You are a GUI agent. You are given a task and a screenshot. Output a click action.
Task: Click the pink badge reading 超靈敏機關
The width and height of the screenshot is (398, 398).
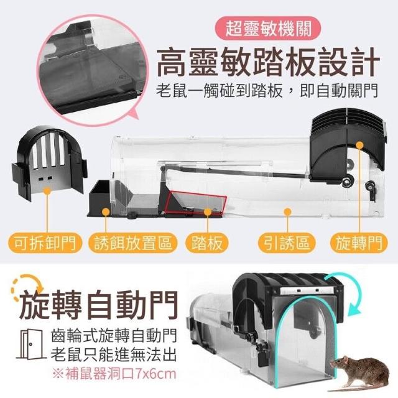(268, 28)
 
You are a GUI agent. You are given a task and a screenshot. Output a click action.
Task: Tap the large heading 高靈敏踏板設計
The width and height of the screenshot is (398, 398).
(268, 62)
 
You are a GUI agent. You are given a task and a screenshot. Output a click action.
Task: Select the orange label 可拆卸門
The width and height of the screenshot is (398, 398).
(45, 243)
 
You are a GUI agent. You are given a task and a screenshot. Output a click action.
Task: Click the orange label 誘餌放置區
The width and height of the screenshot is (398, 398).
(133, 243)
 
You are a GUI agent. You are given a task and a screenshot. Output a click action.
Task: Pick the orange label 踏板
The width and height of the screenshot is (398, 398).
(207, 243)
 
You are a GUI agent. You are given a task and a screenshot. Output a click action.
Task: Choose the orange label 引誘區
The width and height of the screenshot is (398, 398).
(287, 243)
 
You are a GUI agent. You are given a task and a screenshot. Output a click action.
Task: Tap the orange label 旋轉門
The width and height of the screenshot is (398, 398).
(359, 243)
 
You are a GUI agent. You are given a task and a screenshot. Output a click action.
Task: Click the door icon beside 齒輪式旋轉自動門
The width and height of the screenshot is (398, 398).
(31, 344)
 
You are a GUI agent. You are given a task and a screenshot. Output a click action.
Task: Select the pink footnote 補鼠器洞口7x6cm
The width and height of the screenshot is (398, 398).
(114, 374)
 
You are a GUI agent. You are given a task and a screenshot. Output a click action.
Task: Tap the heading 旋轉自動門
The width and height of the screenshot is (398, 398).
(98, 305)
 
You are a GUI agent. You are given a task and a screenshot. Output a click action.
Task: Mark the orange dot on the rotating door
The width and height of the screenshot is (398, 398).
(359, 145)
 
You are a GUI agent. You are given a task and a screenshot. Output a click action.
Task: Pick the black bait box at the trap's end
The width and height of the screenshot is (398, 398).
(100, 198)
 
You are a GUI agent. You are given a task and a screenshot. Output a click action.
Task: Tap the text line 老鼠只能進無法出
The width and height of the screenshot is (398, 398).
(114, 355)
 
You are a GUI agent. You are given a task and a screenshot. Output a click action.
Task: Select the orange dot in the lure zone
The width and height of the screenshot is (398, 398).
(287, 211)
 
